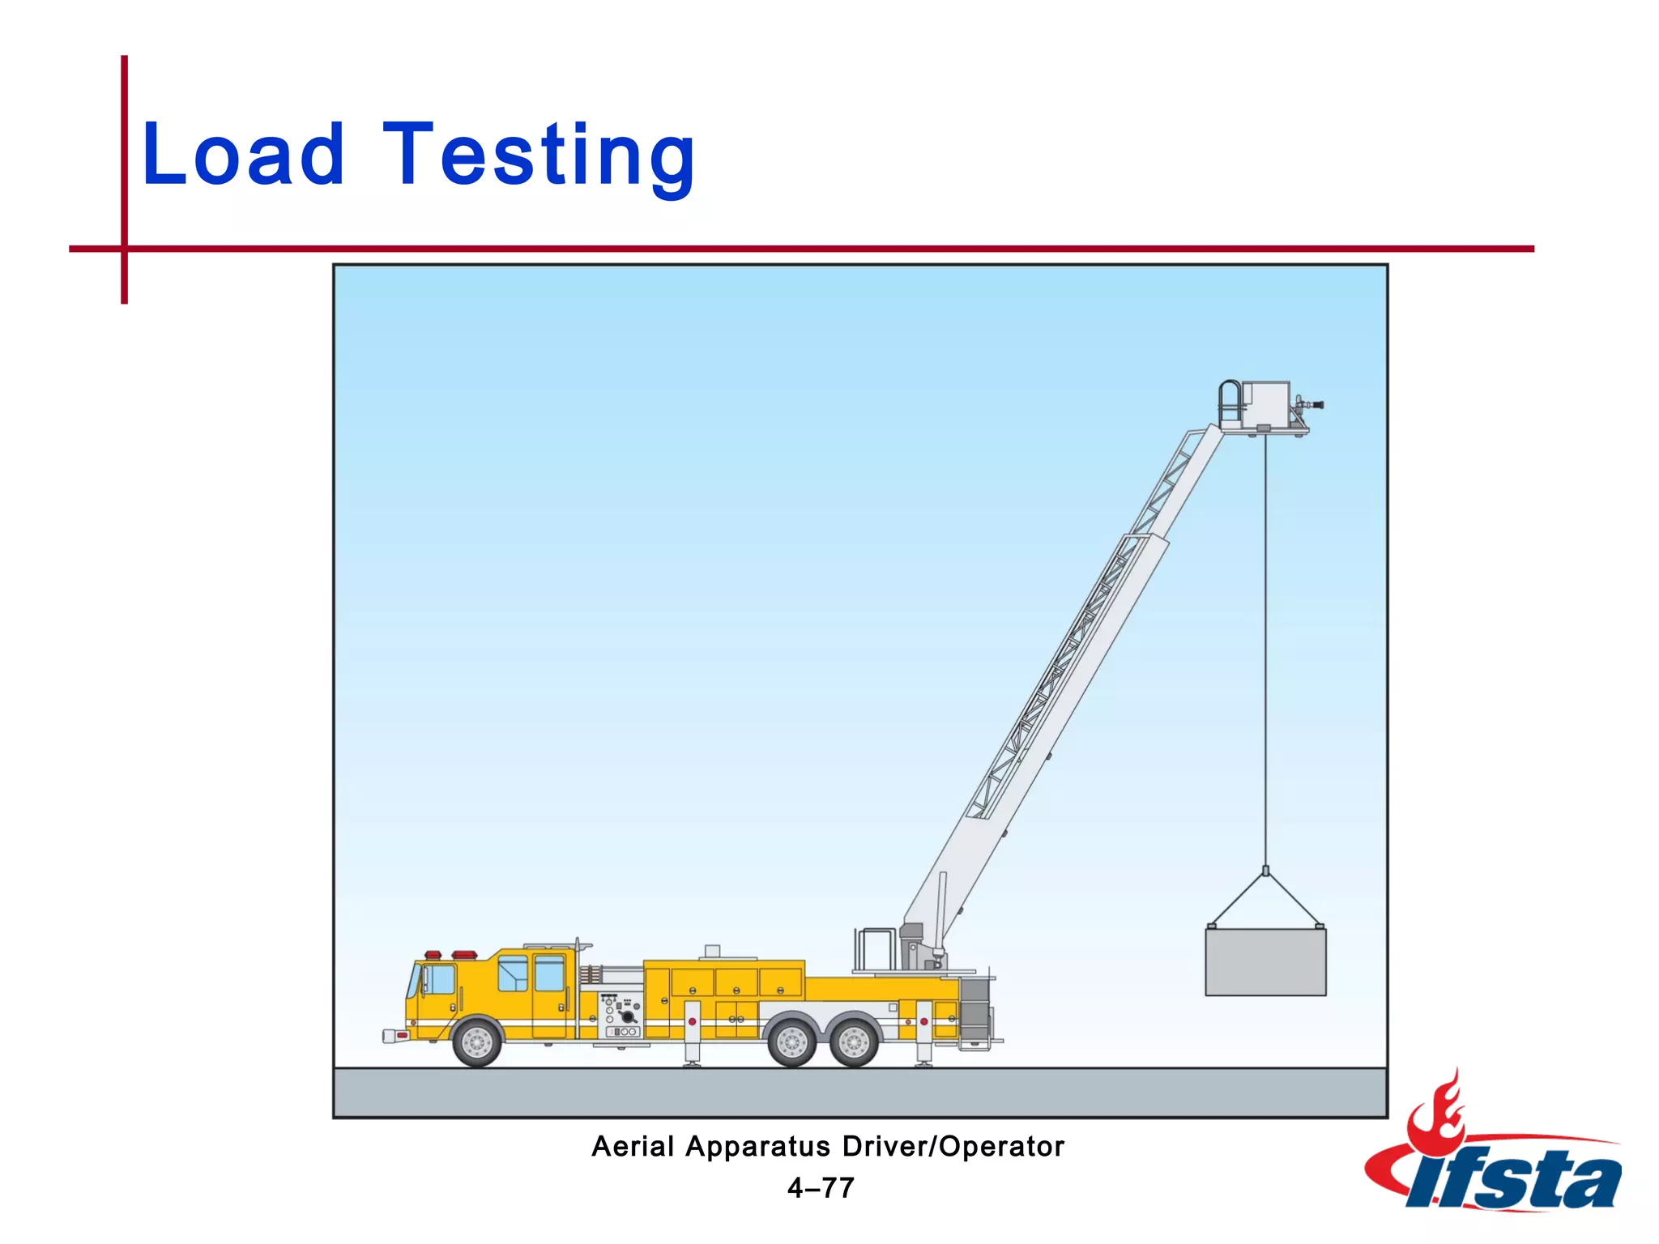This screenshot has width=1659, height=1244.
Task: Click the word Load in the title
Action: [243, 154]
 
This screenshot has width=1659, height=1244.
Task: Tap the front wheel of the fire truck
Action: [477, 1042]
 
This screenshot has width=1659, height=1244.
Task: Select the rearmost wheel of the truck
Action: [854, 1042]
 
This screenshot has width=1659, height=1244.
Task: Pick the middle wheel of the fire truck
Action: [791, 1042]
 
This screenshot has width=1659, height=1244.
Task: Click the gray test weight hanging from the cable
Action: [1265, 962]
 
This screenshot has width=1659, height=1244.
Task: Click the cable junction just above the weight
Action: [1265, 871]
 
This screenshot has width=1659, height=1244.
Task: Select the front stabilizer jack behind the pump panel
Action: [693, 1033]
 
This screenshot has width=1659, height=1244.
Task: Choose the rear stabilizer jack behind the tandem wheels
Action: [923, 1033]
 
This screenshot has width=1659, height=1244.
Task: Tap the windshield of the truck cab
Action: [415, 981]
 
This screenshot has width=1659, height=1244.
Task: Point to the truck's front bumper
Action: [396, 1035]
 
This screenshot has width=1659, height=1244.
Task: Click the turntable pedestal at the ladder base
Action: [917, 948]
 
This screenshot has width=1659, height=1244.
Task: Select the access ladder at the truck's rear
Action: [975, 1012]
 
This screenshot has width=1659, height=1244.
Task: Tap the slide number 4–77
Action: [821, 1188]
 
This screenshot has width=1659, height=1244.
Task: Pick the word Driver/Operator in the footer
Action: [953, 1147]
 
